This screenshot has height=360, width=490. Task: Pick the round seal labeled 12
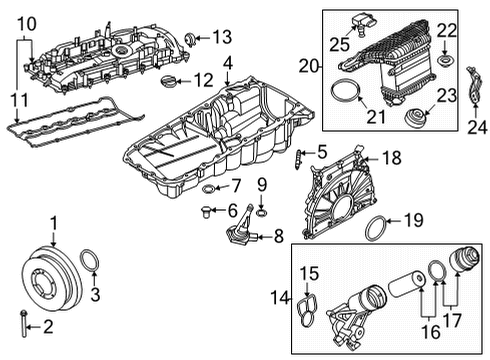pyautogui.click(x=173, y=79)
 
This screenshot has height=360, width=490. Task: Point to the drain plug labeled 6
pyautogui.click(x=208, y=210)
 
